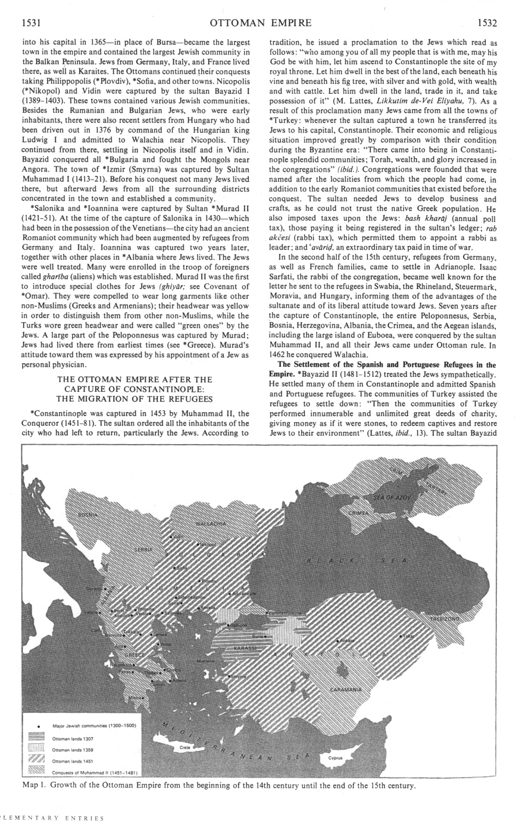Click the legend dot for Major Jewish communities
click(x=38, y=726)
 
